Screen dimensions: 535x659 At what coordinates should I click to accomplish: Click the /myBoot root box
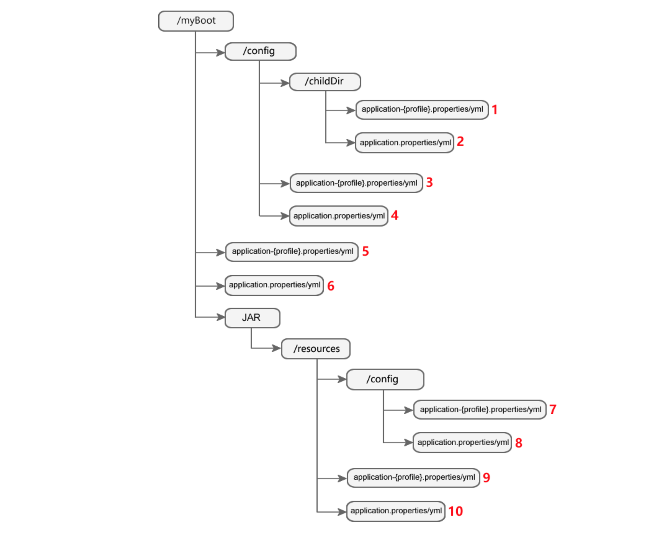click(196, 21)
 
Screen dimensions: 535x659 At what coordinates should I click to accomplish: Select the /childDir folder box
click(325, 82)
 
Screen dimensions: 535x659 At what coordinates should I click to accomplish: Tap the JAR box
click(252, 318)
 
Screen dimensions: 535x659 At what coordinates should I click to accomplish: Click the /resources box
click(316, 349)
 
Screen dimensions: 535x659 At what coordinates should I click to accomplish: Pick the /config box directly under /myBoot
click(260, 52)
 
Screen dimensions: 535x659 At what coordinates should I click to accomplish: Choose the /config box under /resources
click(385, 379)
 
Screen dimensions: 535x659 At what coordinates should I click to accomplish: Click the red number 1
click(495, 110)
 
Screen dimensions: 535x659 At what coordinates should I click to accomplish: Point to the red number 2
click(460, 142)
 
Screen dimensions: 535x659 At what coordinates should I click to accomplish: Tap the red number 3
click(429, 182)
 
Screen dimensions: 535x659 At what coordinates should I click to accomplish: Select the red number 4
click(394, 215)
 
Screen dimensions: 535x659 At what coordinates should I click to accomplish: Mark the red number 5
click(365, 251)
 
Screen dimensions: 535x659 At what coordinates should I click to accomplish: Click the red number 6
click(331, 286)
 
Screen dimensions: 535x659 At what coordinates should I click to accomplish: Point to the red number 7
click(553, 409)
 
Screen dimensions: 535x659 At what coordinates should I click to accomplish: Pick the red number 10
click(455, 511)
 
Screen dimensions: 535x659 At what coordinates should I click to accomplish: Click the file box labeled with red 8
click(462, 443)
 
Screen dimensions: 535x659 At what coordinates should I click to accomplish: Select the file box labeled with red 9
click(413, 478)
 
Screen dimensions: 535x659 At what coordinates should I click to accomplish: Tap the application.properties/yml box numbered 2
click(404, 143)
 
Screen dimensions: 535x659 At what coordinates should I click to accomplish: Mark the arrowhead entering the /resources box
click(277, 348)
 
